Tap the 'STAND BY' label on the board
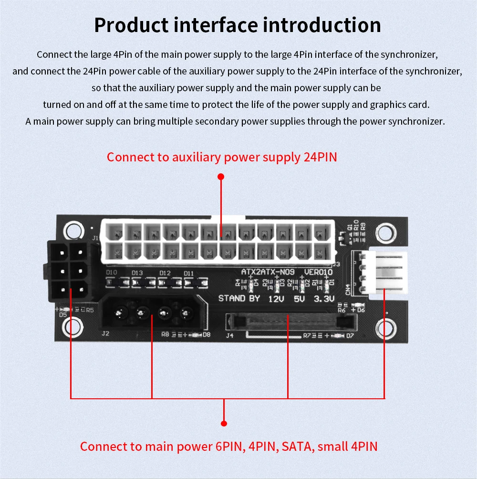pyautogui.click(x=239, y=299)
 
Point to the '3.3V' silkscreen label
pyautogui.click(x=324, y=299)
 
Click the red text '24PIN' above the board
pyautogui.click(x=320, y=157)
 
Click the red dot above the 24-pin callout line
pyautogui.click(x=221, y=177)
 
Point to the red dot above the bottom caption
pyautogui.click(x=224, y=423)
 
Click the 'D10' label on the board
pyautogui.click(x=111, y=273)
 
